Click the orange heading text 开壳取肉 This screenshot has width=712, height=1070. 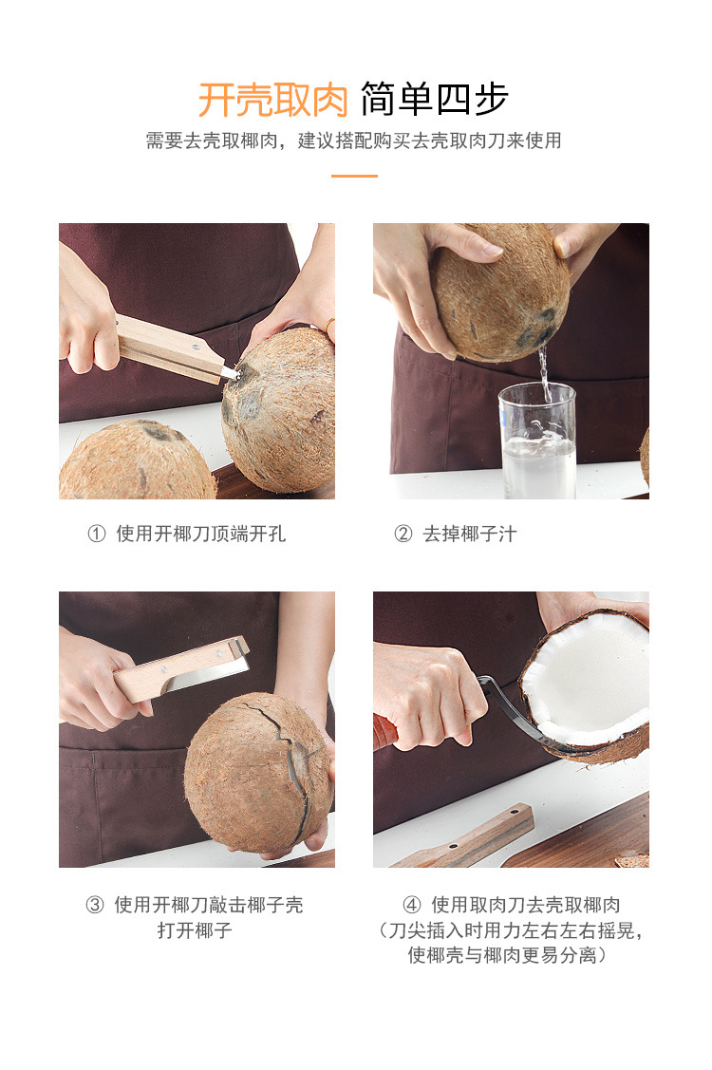[x=273, y=99]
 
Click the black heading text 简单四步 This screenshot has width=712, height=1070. [x=435, y=99]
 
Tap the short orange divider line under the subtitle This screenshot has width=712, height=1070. [x=354, y=176]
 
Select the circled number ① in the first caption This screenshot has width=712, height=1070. [x=96, y=534]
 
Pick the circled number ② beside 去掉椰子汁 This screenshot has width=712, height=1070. [x=403, y=534]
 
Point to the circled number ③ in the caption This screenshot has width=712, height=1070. [x=95, y=905]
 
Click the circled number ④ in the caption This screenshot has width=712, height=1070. [x=411, y=905]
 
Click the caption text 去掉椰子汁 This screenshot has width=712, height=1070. [x=470, y=534]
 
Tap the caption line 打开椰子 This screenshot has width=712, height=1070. [x=195, y=930]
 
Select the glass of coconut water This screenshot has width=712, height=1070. [x=537, y=441]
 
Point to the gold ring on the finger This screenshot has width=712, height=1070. [x=329, y=326]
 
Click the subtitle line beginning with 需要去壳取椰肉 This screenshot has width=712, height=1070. [x=353, y=141]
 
